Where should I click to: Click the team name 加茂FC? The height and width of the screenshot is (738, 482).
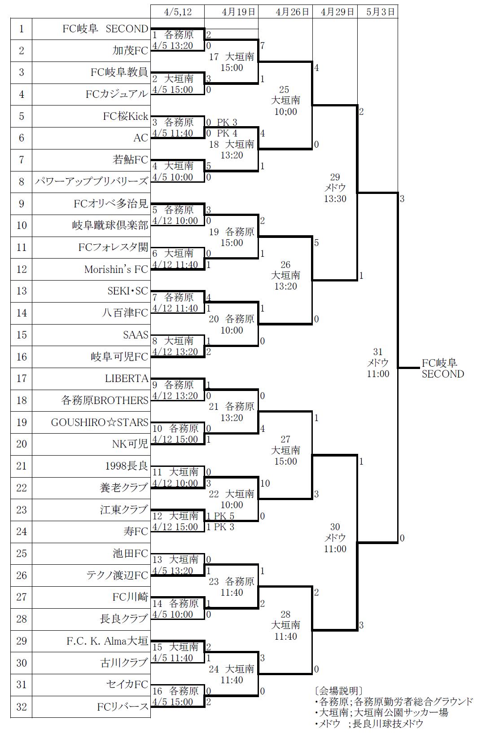pyautogui.click(x=130, y=51)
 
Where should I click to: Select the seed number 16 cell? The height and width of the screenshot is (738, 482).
pyautogui.click(x=22, y=357)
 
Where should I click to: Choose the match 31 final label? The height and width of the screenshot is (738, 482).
pyautogui.click(x=378, y=363)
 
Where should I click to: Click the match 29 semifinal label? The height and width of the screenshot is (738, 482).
pyautogui.click(x=335, y=188)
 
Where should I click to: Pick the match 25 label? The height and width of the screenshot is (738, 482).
pyautogui.click(x=285, y=100)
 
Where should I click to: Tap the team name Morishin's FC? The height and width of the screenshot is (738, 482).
pyautogui.click(x=116, y=269)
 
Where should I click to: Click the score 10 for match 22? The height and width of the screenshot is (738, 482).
pyautogui.click(x=265, y=483)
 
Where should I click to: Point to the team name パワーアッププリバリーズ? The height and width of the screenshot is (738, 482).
pyautogui.click(x=92, y=182)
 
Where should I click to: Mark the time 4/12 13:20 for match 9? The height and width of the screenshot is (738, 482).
pyautogui.click(x=175, y=396)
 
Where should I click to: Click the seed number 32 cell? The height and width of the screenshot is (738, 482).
pyautogui.click(x=22, y=707)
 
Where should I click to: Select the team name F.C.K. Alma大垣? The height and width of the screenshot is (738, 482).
pyautogui.click(x=107, y=641)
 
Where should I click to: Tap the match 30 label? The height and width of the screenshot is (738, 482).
pyautogui.click(x=335, y=538)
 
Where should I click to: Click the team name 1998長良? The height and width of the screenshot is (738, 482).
pyautogui.click(x=127, y=466)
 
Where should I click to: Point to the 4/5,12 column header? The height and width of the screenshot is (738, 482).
pyautogui.click(x=178, y=12)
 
